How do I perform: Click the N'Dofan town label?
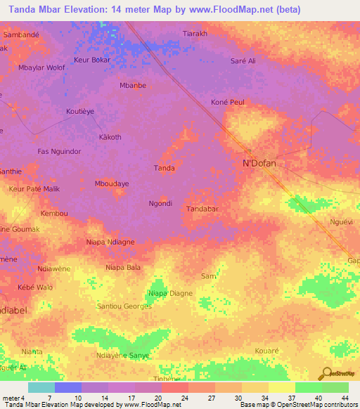click(259, 164)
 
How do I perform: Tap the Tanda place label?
click(164, 168)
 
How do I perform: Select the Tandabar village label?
click(202, 209)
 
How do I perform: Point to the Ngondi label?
click(160, 203)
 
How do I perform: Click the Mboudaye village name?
click(112, 183)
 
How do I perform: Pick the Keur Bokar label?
click(92, 60)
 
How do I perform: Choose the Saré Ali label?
click(243, 61)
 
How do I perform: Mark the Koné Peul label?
click(228, 103)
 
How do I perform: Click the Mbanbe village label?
click(132, 86)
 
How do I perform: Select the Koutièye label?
click(80, 111)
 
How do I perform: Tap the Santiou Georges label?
click(124, 306)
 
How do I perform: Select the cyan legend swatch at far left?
click(41, 387)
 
